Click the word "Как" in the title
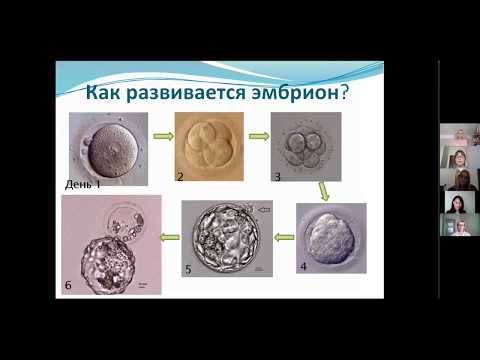coord(106,94)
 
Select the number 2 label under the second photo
coord(180,178)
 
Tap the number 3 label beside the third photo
coord(278,177)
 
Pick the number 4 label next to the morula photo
coord(303,268)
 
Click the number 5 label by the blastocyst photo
coord(187,269)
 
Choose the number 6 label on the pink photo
coord(68,286)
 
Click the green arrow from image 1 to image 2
coord(160,137)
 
